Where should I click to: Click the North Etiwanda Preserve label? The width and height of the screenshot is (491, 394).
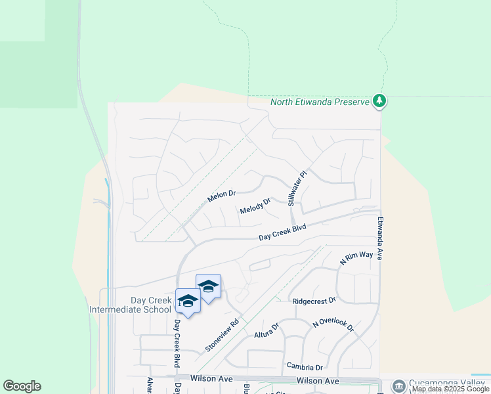(319, 102)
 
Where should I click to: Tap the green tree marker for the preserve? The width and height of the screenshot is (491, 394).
(379, 101)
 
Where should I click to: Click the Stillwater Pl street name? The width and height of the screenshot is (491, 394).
(296, 189)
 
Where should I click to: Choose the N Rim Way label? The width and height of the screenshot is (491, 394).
(356, 257)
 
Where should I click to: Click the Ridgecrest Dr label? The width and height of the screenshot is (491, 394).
(314, 300)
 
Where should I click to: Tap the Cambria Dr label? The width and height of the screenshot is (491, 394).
(305, 366)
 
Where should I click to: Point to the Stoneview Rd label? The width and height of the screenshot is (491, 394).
(221, 336)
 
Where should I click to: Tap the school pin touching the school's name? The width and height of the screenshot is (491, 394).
(188, 301)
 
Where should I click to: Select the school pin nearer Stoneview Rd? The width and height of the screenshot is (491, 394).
(209, 286)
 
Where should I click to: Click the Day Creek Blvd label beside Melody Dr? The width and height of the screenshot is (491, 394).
(282, 232)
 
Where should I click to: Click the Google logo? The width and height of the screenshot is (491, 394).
(22, 386)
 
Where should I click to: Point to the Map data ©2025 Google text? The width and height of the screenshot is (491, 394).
(451, 389)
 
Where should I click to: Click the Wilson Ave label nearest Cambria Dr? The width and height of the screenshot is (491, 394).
(318, 381)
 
